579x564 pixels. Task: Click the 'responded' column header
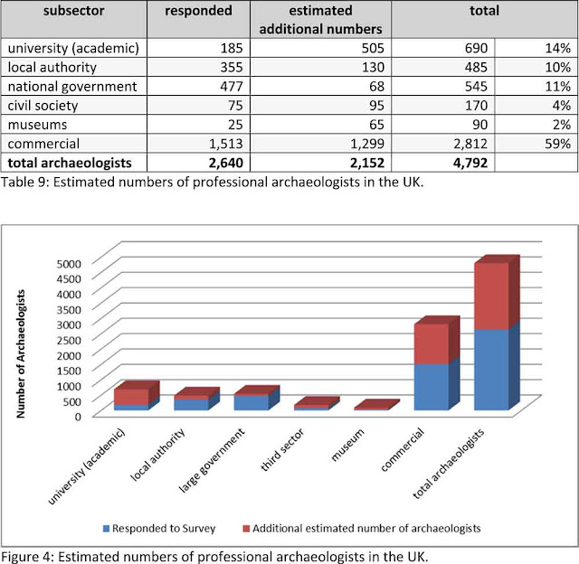click(198, 11)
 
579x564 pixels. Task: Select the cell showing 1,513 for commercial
click(225, 144)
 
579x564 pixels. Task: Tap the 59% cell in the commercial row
click(557, 144)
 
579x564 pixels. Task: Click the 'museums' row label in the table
click(37, 125)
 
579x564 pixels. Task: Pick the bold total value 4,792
click(470, 163)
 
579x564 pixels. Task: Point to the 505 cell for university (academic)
click(373, 48)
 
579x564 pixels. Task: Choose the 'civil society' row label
click(43, 106)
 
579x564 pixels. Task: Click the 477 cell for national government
click(232, 87)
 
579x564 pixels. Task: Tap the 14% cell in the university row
click(557, 48)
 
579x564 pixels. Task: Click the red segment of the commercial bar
click(432, 343)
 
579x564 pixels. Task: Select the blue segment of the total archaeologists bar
click(491, 370)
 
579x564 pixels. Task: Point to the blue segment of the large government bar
click(252, 403)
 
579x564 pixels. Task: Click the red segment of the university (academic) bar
click(131, 397)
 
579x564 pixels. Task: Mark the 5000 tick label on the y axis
click(69, 263)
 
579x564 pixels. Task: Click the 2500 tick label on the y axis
click(69, 340)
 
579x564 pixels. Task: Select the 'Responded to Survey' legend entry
click(159, 528)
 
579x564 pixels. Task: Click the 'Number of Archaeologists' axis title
click(21, 353)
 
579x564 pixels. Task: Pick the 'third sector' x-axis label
click(282, 449)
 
